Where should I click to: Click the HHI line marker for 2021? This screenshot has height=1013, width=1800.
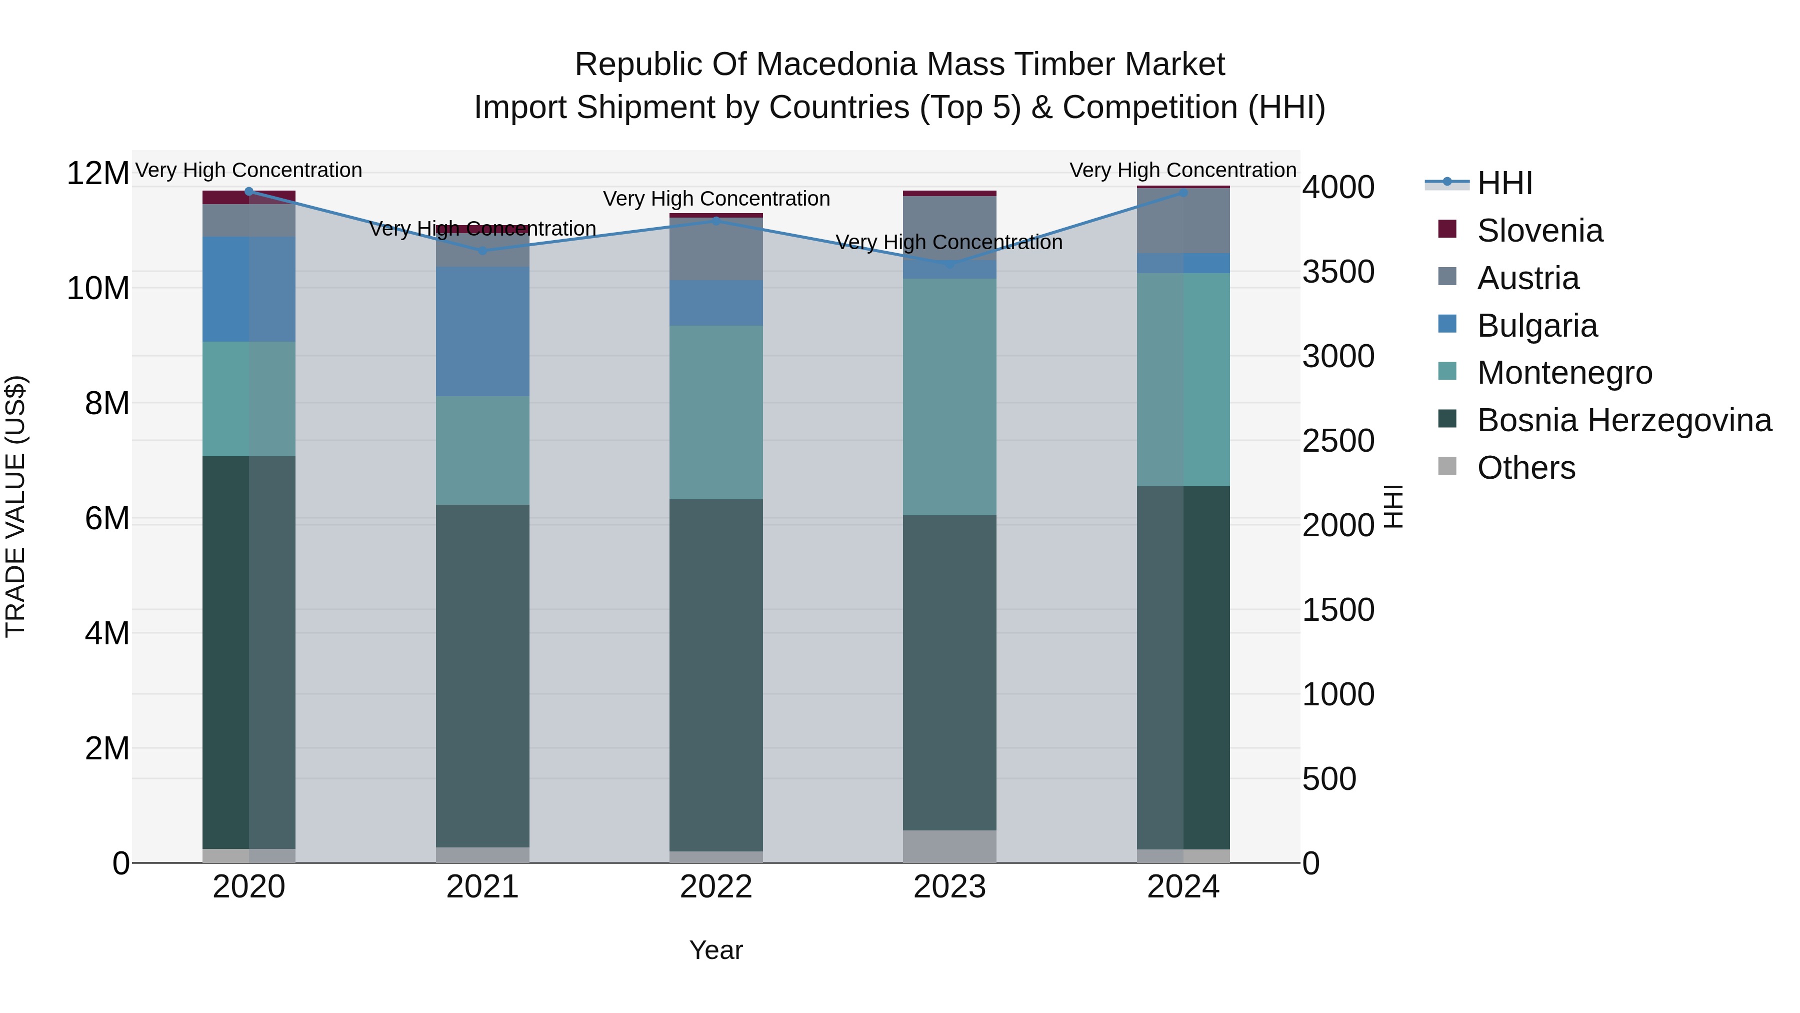482,250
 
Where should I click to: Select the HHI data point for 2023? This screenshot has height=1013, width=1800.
949,264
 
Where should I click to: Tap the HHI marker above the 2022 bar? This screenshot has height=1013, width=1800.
715,221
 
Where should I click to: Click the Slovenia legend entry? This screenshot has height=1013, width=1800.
1539,231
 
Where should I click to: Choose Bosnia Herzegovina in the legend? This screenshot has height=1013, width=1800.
1624,420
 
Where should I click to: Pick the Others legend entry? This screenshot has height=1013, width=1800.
1526,468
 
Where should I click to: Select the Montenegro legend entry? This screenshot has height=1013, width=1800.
1564,373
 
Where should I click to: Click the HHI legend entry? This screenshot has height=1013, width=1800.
1504,183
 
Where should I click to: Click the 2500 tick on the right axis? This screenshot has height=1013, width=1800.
1338,441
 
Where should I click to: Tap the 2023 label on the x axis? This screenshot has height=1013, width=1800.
949,887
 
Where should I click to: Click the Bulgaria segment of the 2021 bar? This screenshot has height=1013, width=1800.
482,331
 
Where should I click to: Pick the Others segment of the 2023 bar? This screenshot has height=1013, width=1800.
949,846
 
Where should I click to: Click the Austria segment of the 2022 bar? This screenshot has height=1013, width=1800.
715,249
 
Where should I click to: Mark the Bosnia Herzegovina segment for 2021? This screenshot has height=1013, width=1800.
482,675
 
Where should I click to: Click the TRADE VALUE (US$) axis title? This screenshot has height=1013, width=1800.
15,506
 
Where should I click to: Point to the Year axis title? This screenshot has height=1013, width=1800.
715,950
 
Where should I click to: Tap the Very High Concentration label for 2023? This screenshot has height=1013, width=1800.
949,243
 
